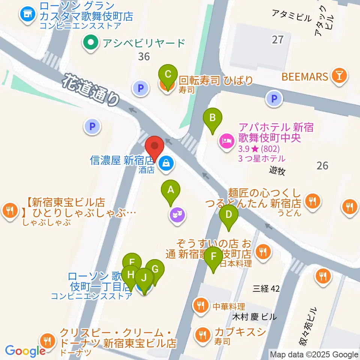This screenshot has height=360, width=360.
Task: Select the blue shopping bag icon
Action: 165,163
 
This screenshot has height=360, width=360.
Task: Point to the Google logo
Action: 25,351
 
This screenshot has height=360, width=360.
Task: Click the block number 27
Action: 277,39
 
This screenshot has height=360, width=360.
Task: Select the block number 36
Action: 144,57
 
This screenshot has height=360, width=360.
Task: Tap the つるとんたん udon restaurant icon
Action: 312,201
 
